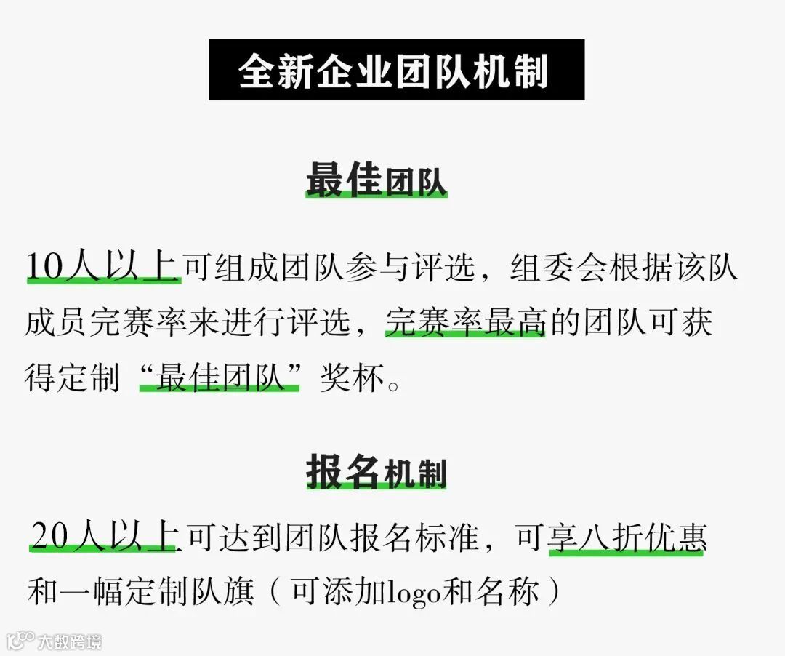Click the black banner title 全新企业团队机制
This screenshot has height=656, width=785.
(396, 71)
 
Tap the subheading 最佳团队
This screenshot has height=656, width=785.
(376, 180)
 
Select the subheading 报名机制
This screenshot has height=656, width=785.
(376, 472)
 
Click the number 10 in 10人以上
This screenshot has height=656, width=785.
(44, 267)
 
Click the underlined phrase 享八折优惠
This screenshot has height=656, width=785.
(626, 538)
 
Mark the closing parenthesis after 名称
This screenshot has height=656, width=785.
(555, 592)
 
